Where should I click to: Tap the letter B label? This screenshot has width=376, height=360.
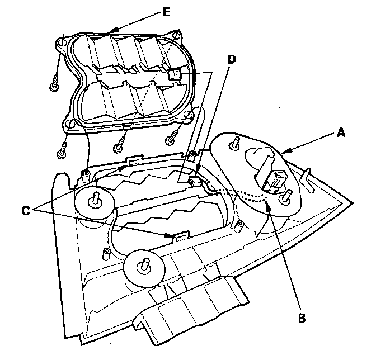coord(302,319)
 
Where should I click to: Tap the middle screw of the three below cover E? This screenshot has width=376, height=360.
coord(118,147)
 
